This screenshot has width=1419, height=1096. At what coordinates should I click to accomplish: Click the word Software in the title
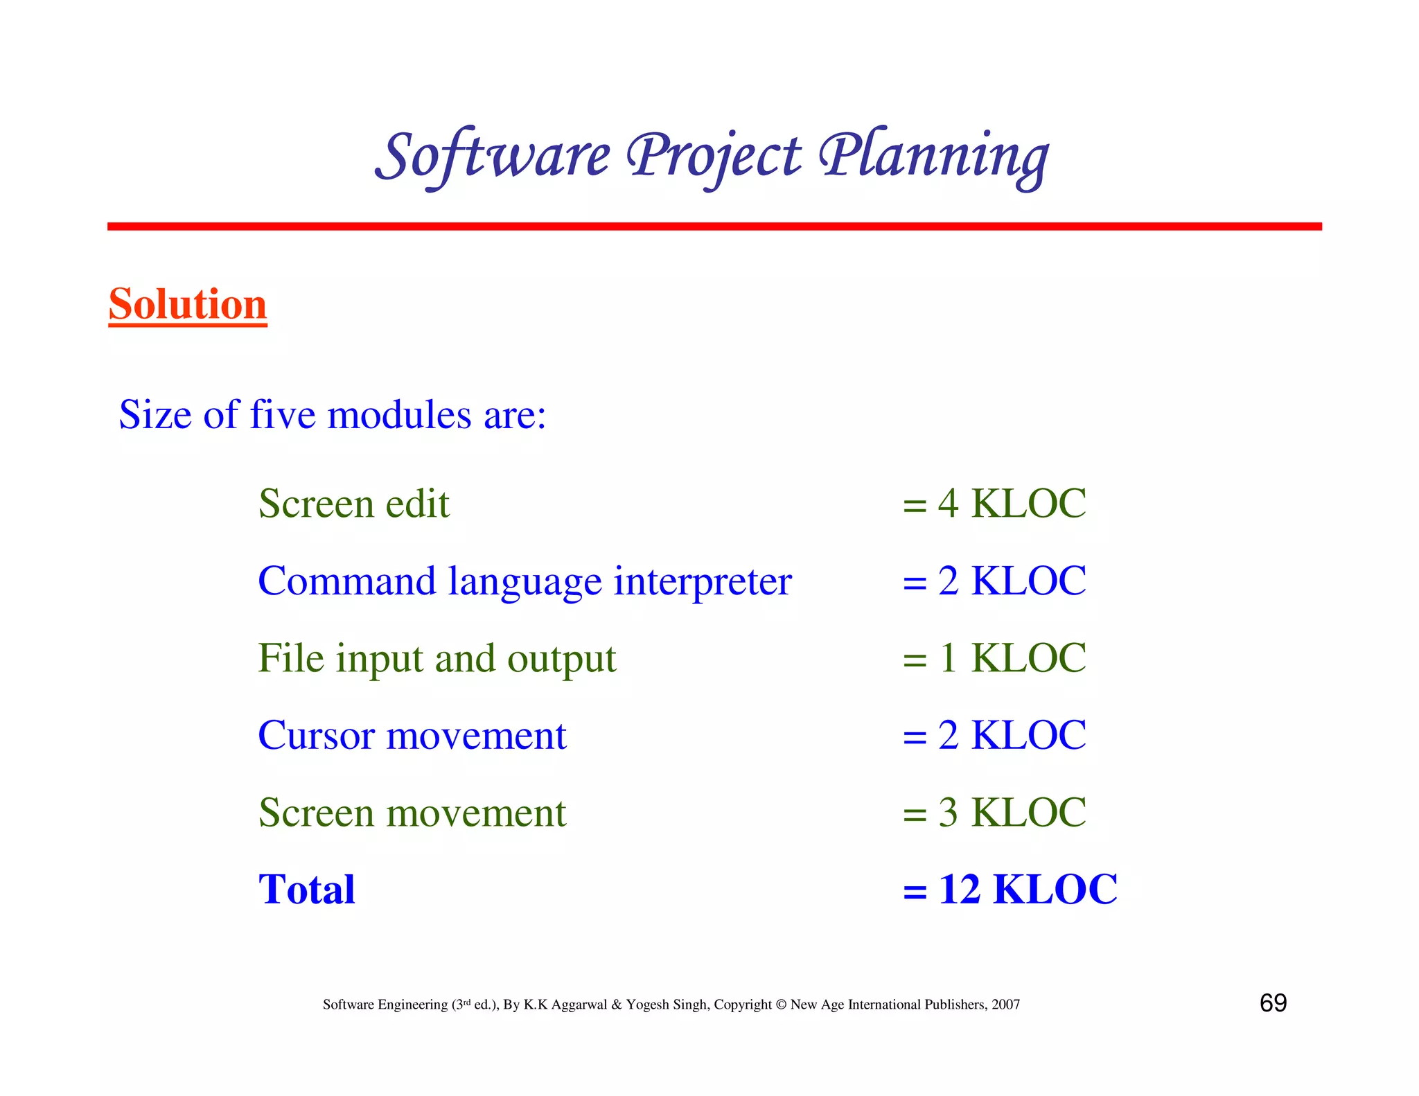coord(493,156)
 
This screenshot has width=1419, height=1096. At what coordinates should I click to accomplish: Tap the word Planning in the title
coord(934,156)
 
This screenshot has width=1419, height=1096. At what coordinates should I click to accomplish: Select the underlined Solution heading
coord(188,304)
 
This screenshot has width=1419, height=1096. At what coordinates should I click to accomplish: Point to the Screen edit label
coord(354,504)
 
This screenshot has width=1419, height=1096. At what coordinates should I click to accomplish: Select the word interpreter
coord(703,581)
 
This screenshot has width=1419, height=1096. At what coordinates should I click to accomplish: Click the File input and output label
coord(437,659)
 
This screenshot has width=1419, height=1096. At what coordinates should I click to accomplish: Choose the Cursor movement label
coord(412,735)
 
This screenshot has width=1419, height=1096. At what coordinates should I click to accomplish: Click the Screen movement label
coord(412,813)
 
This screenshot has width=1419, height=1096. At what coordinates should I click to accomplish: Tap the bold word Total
coord(306,890)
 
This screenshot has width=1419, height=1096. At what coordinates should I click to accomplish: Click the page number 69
coord(1273,1003)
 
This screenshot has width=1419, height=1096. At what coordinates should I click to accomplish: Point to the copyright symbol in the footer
coord(781,1005)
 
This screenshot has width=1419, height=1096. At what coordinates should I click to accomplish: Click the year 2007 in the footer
coord(1005,1005)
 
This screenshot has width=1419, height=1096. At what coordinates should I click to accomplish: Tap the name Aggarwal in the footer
coord(579,1005)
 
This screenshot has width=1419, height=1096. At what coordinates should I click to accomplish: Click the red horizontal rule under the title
coord(714,227)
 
